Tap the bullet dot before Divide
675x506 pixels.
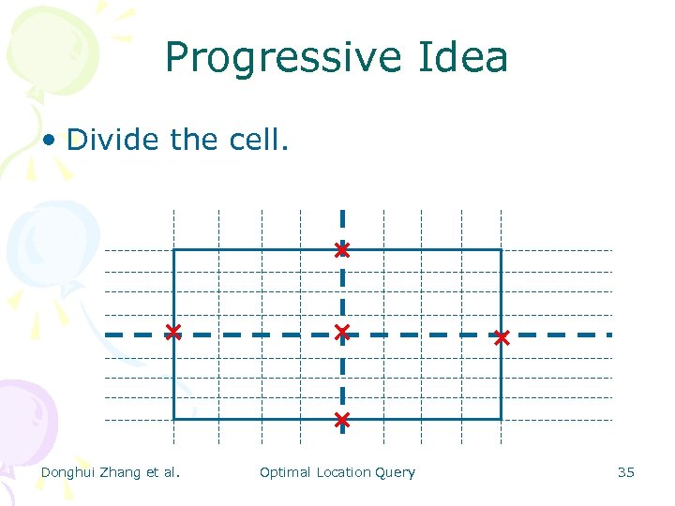[x=49, y=141]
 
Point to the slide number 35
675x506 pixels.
[x=625, y=472]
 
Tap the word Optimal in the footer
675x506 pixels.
[x=285, y=472]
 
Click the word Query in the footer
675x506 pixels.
[x=395, y=472]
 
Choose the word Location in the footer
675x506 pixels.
[x=343, y=472]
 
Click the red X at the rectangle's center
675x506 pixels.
[x=342, y=333]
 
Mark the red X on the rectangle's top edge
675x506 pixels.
[x=342, y=250]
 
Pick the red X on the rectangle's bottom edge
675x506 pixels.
[x=342, y=419]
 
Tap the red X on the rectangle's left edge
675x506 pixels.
[x=173, y=332]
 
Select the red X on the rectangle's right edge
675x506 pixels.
[x=502, y=337]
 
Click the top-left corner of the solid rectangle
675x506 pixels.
[x=174, y=250]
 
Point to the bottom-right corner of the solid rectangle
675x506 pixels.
[x=501, y=419]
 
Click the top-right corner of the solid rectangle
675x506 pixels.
[x=501, y=250]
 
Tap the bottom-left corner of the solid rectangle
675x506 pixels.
[x=174, y=419]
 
